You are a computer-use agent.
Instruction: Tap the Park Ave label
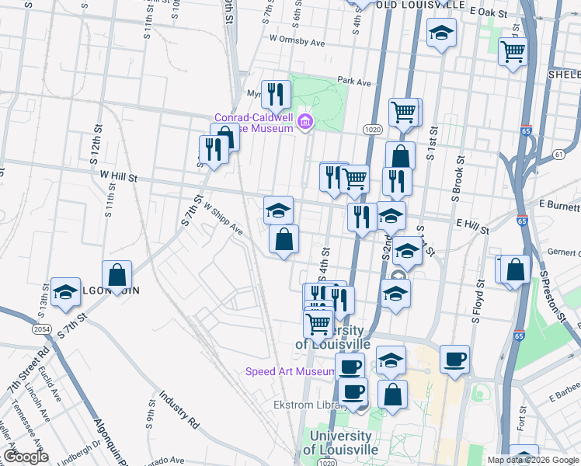(x=355, y=81)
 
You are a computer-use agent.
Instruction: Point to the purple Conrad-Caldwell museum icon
(x=304, y=121)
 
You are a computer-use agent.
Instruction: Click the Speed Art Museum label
(x=290, y=372)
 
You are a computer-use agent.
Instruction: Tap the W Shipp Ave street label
(x=224, y=220)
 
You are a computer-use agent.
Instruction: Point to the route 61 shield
(x=559, y=155)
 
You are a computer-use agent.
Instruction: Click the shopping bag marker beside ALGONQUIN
(x=117, y=275)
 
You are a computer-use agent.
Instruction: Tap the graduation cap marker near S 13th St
(x=66, y=293)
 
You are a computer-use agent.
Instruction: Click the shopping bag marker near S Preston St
(x=517, y=270)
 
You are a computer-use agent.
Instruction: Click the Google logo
(x=26, y=457)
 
